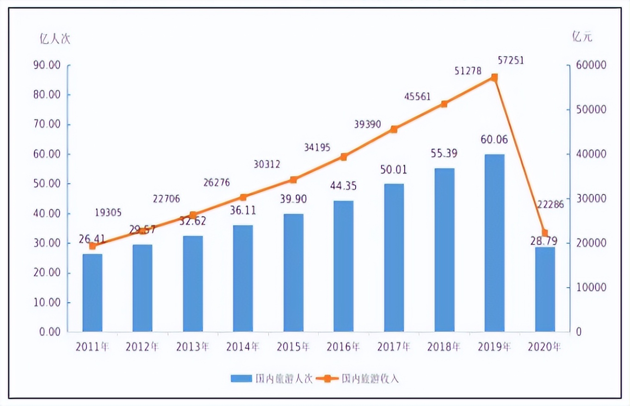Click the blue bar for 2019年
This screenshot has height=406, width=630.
click(494, 243)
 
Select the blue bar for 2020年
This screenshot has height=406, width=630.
click(545, 289)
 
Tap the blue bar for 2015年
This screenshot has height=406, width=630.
click(293, 273)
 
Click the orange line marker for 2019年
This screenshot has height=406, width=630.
click(494, 78)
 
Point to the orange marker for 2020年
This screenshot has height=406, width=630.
click(545, 233)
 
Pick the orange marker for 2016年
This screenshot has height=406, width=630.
click(344, 157)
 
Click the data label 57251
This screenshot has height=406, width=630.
click(511, 60)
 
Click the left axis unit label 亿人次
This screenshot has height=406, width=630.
click(55, 38)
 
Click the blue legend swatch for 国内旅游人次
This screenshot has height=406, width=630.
click(241, 379)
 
